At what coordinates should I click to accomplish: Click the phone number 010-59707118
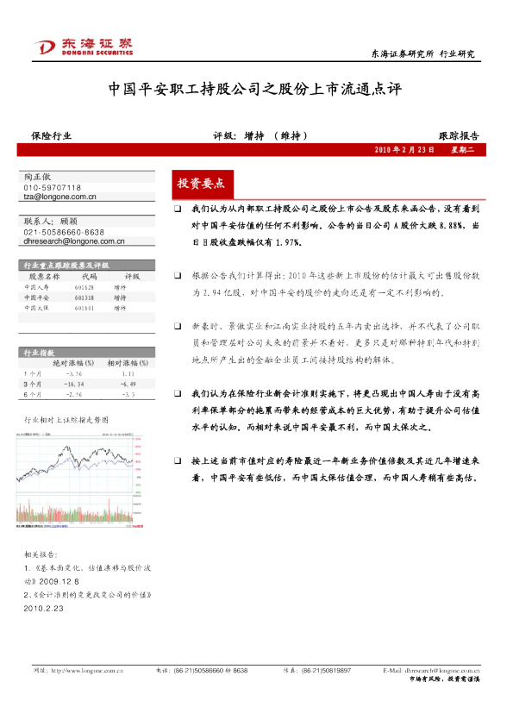click(52, 188)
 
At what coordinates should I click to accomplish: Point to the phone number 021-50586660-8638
click(64, 233)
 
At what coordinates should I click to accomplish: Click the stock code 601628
click(84, 287)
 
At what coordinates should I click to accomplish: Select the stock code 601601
click(84, 307)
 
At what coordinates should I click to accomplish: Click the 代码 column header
click(87, 277)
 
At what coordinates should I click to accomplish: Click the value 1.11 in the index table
click(128, 374)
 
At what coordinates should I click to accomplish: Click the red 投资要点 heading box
click(200, 184)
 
